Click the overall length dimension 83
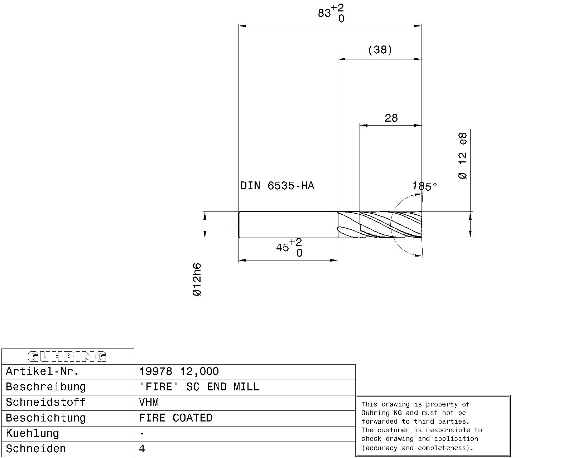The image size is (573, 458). click(331, 13)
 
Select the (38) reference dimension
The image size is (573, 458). click(380, 50)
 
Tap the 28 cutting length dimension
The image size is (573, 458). click(391, 118)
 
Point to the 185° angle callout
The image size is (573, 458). click(425, 186)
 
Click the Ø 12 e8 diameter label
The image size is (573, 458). click(463, 156)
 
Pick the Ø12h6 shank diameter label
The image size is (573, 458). click(197, 279)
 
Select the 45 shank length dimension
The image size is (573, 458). click(289, 248)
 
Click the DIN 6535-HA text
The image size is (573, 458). click(277, 186)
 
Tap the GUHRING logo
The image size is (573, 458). click(67, 357)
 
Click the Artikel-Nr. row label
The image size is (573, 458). click(42, 371)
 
